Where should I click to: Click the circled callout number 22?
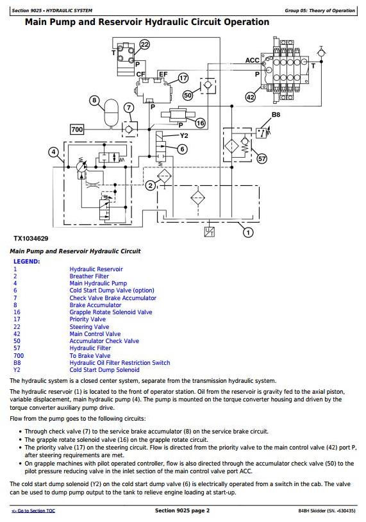pyautogui.click(x=144, y=44)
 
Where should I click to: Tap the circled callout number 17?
pyautogui.click(x=183, y=78)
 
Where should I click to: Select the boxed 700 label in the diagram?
pyautogui.click(x=77, y=129)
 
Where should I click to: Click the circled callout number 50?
pyautogui.click(x=188, y=96)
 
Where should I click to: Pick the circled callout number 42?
pyautogui.click(x=250, y=97)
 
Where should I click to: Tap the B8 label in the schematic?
pyautogui.click(x=276, y=115)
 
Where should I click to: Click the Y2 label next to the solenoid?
pyautogui.click(x=184, y=135)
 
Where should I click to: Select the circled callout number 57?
pyautogui.click(x=262, y=159)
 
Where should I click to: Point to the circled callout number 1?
pyautogui.click(x=248, y=232)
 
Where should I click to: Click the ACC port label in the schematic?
pyautogui.click(x=252, y=60)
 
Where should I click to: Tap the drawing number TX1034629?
pyautogui.click(x=31, y=239)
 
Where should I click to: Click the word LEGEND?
pyautogui.click(x=27, y=262)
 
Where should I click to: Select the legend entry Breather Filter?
pyautogui.click(x=89, y=276)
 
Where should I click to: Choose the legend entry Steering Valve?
pyautogui.click(x=89, y=327)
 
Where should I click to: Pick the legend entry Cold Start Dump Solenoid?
pyautogui.click(x=104, y=370)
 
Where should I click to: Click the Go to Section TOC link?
pyautogui.click(x=33, y=510)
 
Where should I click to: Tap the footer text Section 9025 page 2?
pyautogui.click(x=182, y=510)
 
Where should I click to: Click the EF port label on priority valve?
pyautogui.click(x=163, y=74)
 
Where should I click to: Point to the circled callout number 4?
pyautogui.click(x=54, y=152)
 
